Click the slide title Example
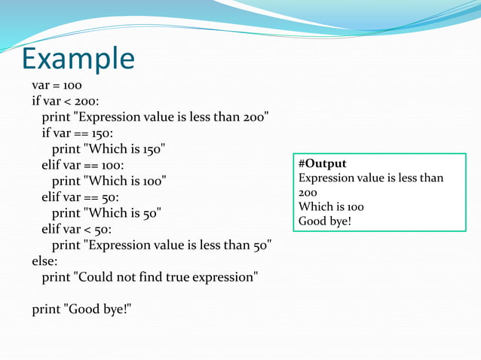click(78, 58)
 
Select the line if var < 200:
click(66, 101)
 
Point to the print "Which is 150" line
click(109, 148)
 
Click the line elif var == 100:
click(83, 165)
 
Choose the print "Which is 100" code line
click(109, 181)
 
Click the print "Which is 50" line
click(106, 213)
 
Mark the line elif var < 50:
click(76, 229)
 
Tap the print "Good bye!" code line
click(81, 310)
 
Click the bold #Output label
click(323, 163)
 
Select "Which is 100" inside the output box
click(331, 206)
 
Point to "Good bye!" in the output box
click(325, 221)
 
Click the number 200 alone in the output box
click(308, 192)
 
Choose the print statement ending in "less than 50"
click(161, 245)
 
